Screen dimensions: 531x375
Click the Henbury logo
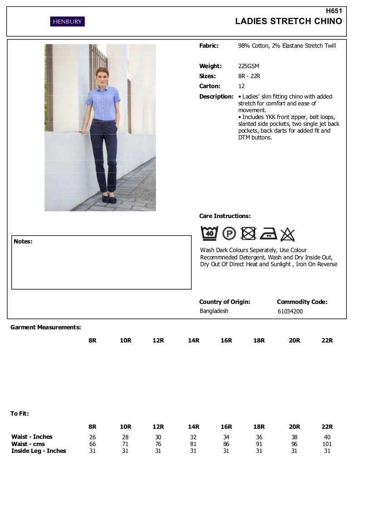point(67,21)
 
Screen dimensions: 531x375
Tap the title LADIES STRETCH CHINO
point(289,21)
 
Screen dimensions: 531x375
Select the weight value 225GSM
point(248,66)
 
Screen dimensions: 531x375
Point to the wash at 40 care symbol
point(209,233)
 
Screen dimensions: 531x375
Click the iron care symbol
point(268,233)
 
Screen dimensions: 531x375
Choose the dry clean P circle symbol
point(229,234)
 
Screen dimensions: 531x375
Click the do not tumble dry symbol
point(248,233)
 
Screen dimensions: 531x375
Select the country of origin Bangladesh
point(214,311)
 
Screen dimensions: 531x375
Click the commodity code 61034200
point(290,312)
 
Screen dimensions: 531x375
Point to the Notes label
point(23,242)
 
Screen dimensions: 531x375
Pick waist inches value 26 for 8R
point(93,437)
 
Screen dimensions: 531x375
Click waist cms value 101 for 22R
point(327,444)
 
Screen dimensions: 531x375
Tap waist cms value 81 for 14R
point(193,444)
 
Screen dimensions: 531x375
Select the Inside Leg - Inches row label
point(39,451)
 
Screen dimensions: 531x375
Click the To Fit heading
point(20,414)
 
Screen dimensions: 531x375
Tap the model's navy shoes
point(106,199)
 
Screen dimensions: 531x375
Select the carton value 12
point(242,86)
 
